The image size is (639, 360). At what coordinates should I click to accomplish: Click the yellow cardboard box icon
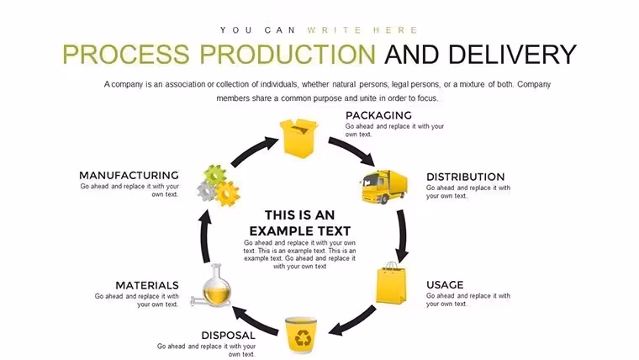[298, 138]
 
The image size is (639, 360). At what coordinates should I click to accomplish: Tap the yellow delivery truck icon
[383, 187]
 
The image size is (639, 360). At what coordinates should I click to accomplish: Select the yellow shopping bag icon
[391, 283]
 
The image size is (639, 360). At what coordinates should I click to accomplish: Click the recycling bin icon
[301, 334]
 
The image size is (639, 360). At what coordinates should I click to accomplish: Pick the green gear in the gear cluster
[214, 175]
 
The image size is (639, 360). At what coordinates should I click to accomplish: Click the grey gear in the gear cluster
[207, 191]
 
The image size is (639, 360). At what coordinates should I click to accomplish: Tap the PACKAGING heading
[378, 115]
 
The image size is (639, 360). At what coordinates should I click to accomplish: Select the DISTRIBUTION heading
[466, 177]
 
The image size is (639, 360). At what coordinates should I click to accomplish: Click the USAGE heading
[445, 285]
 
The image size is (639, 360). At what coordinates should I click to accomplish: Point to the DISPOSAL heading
[228, 336]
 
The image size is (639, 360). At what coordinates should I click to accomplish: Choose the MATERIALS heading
[147, 285]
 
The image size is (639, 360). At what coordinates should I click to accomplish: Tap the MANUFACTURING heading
[129, 175]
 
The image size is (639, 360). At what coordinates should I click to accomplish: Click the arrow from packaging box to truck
[353, 149]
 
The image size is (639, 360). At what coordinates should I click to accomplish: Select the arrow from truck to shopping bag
[402, 236]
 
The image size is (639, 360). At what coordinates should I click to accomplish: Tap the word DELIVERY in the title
[512, 55]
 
